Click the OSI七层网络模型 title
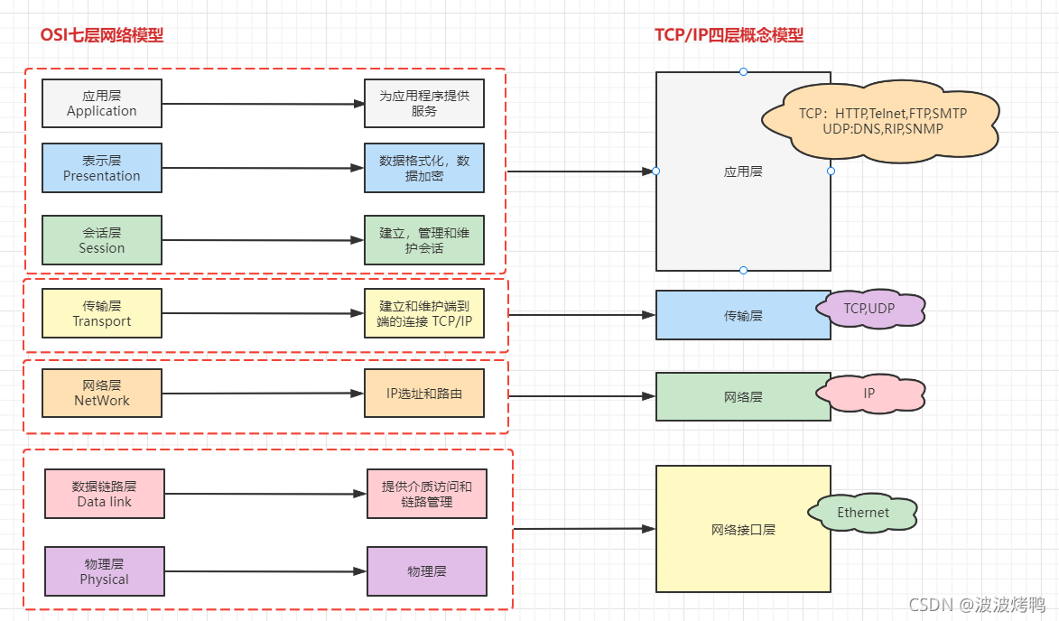click(x=102, y=35)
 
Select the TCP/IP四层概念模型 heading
click(x=729, y=35)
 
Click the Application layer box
click(x=101, y=103)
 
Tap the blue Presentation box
click(x=101, y=168)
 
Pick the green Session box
click(x=101, y=240)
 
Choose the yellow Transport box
click(x=101, y=313)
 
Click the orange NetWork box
click(x=101, y=393)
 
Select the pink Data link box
click(x=105, y=494)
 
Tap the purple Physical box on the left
click(x=105, y=571)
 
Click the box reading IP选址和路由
click(x=424, y=394)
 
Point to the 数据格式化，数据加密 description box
click(x=424, y=169)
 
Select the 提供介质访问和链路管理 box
click(x=426, y=494)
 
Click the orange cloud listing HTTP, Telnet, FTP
click(x=881, y=122)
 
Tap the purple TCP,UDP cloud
click(x=869, y=309)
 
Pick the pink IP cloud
click(x=869, y=394)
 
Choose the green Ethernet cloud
click(x=863, y=513)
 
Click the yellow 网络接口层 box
click(x=742, y=530)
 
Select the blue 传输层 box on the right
click(x=742, y=315)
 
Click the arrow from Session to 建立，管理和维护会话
click(x=262, y=240)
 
